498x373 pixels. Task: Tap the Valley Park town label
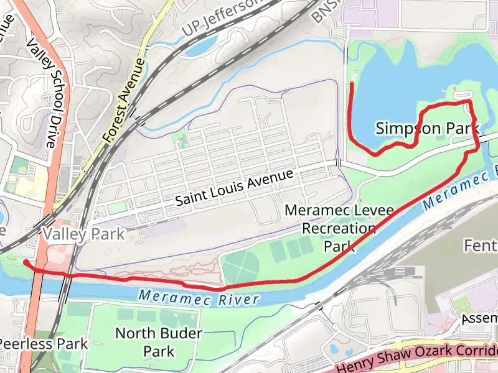(x=83, y=234)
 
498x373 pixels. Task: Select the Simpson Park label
(x=427, y=128)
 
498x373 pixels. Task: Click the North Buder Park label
(x=159, y=343)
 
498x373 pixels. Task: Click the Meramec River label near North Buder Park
(x=199, y=298)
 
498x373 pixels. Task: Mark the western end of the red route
(x=25, y=262)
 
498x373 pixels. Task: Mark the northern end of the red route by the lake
(x=352, y=83)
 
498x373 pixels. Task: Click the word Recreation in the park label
(x=339, y=228)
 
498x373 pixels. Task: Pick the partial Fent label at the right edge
(x=480, y=246)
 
